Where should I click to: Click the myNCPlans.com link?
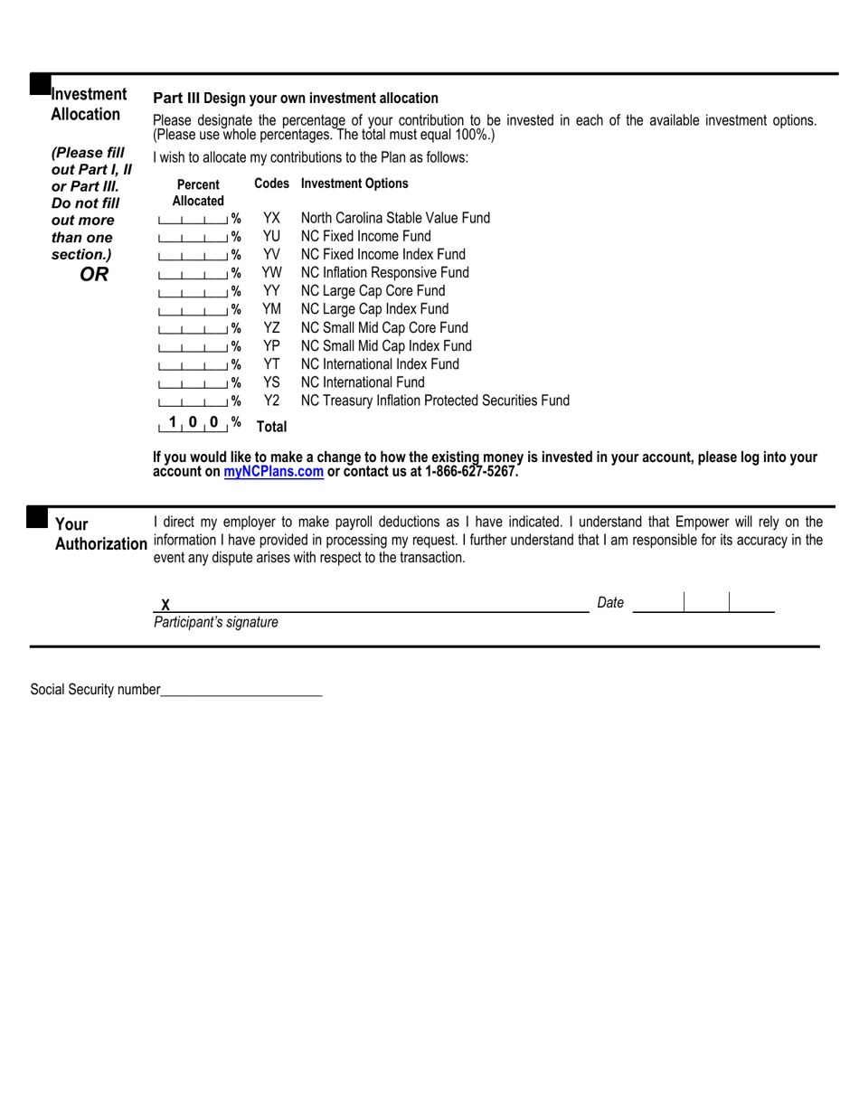click(x=273, y=472)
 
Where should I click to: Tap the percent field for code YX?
click(x=192, y=219)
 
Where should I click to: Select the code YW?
click(x=271, y=273)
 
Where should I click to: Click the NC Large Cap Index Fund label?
click(x=374, y=309)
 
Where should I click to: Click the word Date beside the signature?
click(x=610, y=603)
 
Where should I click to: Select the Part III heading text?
click(x=296, y=99)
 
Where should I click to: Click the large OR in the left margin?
click(x=93, y=275)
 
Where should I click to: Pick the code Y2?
click(x=271, y=401)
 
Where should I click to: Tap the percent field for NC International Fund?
click(x=192, y=382)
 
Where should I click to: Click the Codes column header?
click(x=271, y=184)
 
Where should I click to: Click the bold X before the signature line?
click(x=165, y=605)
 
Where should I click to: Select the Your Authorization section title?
click(x=100, y=534)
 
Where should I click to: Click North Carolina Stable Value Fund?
click(x=395, y=218)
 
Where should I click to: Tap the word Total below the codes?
click(x=271, y=426)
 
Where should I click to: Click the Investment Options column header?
click(x=354, y=184)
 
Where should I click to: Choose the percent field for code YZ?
click(x=192, y=328)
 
